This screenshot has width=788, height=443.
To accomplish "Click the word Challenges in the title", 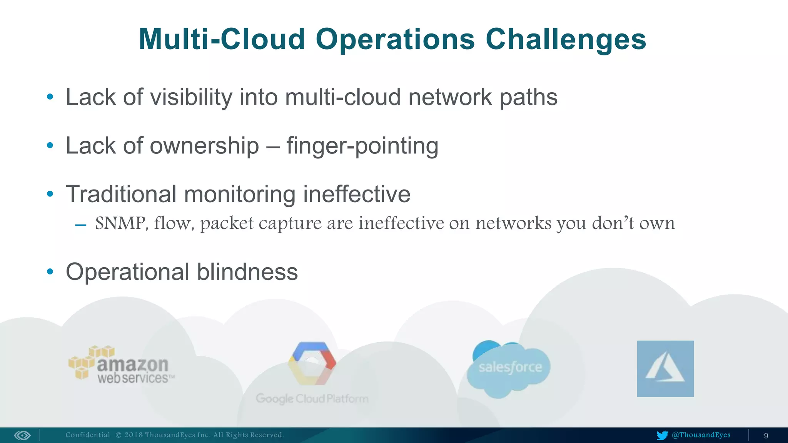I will [566, 39].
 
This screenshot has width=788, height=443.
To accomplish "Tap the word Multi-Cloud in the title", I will [222, 39].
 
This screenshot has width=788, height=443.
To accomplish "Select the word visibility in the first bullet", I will [191, 97].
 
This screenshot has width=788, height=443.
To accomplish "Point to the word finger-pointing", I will [362, 146].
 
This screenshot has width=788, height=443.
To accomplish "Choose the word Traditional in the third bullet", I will [121, 194].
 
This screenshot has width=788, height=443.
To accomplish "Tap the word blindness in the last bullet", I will [247, 272].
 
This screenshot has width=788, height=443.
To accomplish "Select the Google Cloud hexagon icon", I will [312, 363].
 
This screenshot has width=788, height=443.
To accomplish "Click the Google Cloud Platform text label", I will [312, 398].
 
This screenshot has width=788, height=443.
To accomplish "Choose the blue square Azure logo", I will [665, 368].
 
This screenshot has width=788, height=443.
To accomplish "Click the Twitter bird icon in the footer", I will [662, 435].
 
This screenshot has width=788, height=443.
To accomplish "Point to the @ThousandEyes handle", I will [701, 435].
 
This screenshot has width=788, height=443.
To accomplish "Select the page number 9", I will [766, 436].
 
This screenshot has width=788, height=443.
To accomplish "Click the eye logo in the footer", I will [22, 435].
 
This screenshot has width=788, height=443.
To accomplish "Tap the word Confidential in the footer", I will [88, 435].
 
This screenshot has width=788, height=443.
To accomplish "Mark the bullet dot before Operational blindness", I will [50, 272].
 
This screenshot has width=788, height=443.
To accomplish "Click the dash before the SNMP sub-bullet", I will [81, 225].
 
